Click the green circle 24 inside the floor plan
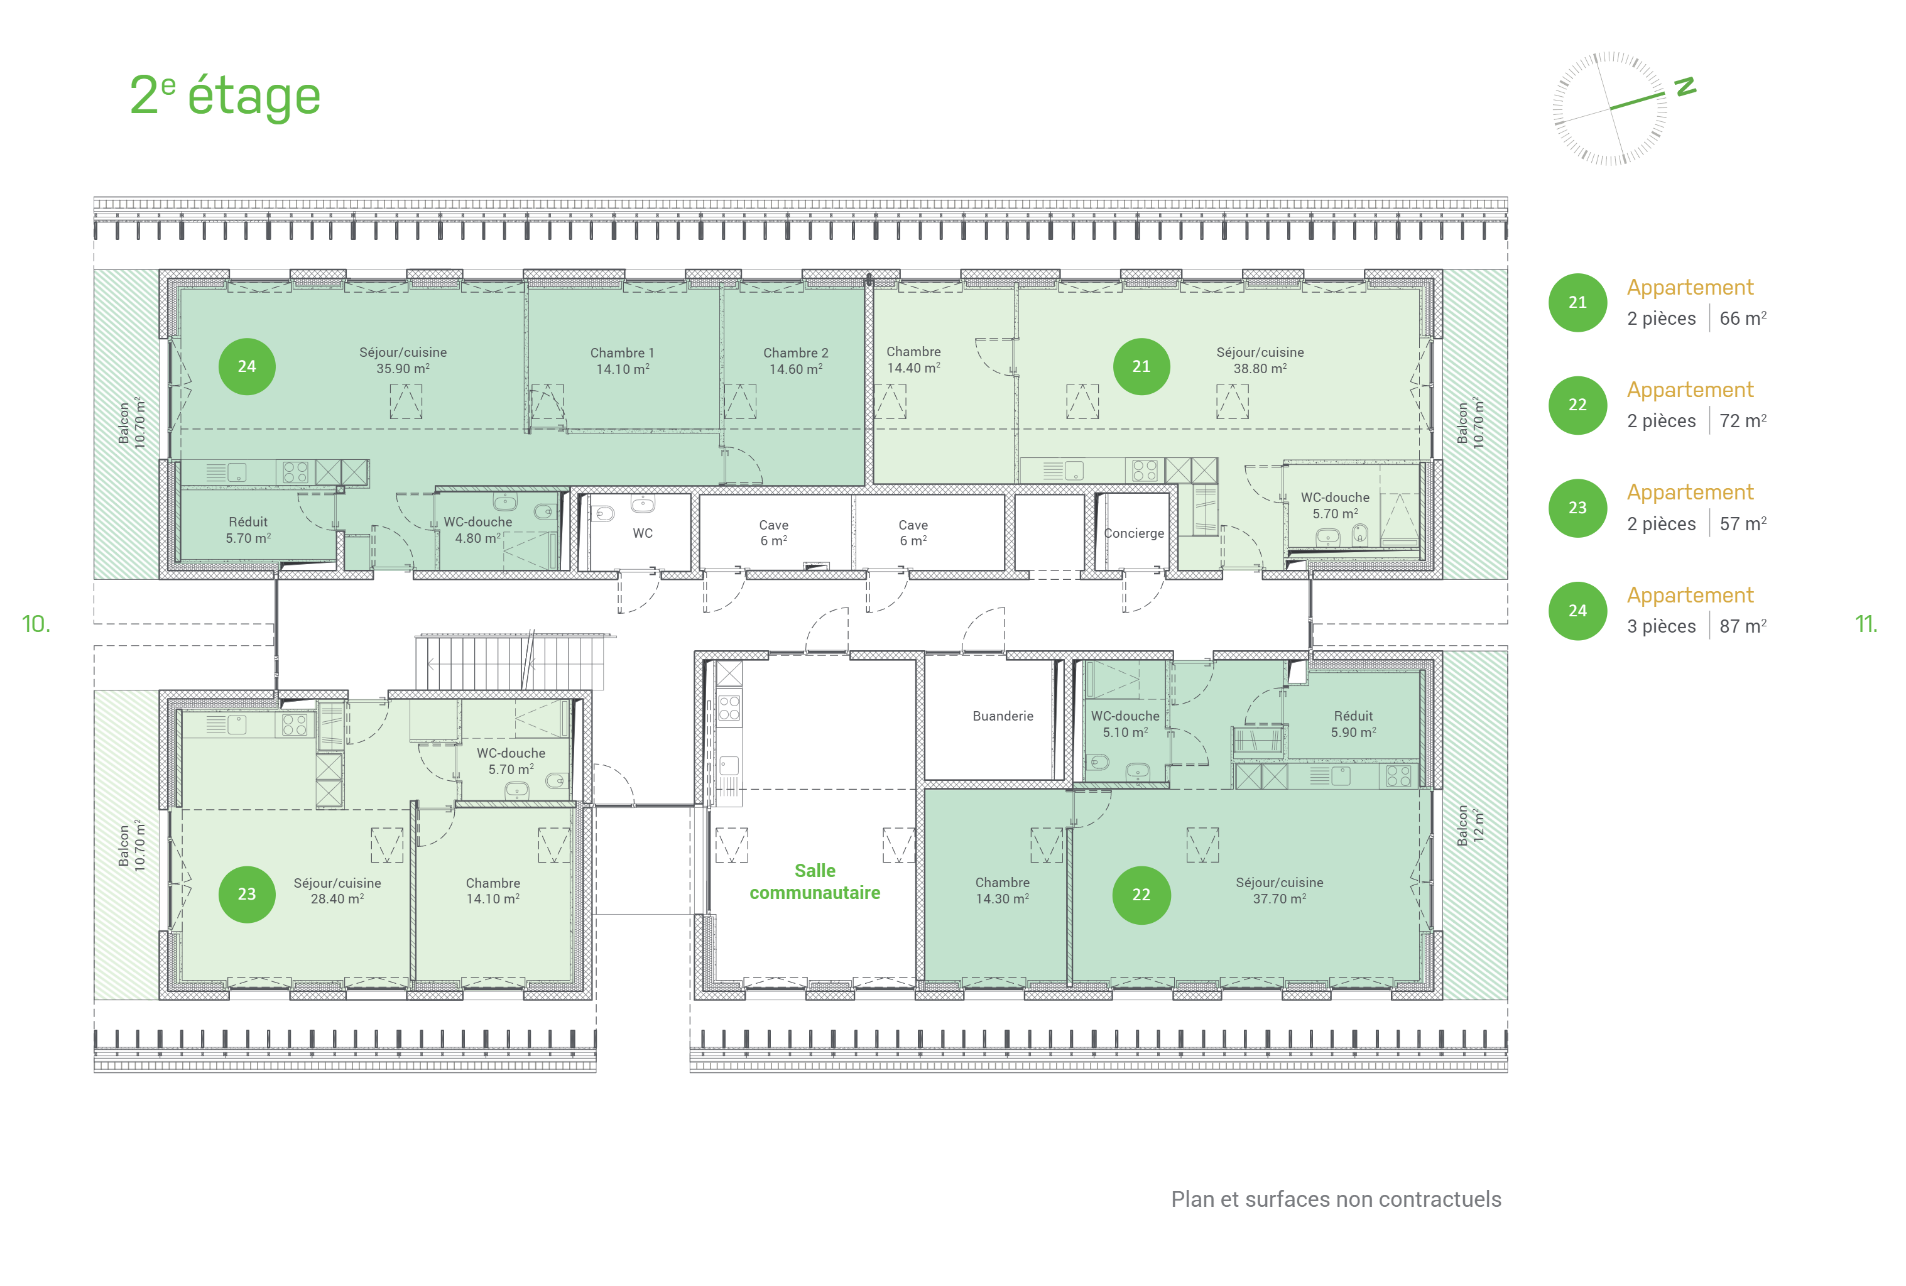[x=247, y=367]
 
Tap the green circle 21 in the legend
[x=1577, y=303]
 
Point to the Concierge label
[x=1135, y=533]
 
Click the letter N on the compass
[x=1685, y=86]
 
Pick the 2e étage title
[x=225, y=96]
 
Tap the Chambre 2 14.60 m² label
[x=795, y=361]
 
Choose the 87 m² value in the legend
[x=1743, y=626]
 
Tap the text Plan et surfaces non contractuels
[x=1336, y=1199]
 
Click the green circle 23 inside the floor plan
[x=247, y=894]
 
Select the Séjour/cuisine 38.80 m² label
[x=1260, y=361]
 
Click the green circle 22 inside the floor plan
[x=1141, y=895]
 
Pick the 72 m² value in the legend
[x=1743, y=421]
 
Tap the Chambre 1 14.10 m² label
[x=623, y=361]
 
